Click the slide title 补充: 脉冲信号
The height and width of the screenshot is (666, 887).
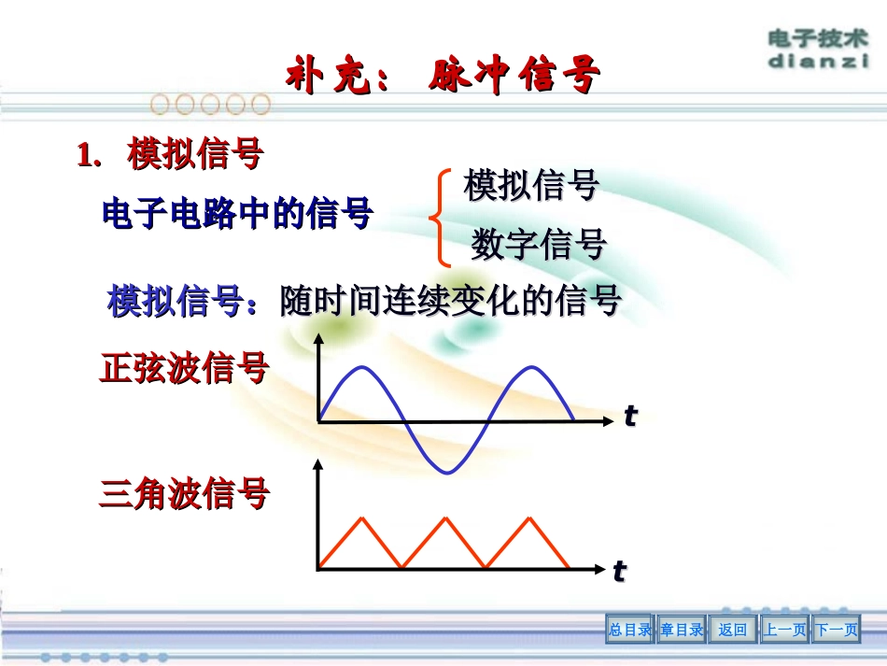tap(443, 76)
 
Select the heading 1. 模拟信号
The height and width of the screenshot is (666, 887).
tap(170, 155)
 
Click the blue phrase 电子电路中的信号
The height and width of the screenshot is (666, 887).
tap(237, 215)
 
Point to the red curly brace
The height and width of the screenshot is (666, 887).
tap(435, 218)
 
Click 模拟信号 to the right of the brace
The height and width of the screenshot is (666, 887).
tap(531, 185)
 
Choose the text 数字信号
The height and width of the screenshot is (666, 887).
tap(539, 245)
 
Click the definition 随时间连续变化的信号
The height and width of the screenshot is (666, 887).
tap(451, 302)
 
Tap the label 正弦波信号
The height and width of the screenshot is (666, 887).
tap(184, 369)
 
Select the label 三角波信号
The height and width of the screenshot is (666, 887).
tap(184, 493)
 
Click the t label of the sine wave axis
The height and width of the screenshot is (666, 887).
tap(630, 418)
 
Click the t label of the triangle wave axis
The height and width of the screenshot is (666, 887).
tap(619, 571)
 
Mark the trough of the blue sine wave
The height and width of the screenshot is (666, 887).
tap(447, 472)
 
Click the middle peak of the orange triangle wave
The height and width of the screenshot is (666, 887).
tap(443, 517)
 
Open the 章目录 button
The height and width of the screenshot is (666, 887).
tap(682, 631)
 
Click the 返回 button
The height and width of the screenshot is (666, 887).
tap(733, 631)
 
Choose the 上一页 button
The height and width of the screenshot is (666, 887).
tap(784, 631)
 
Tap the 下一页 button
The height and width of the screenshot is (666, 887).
tap(836, 631)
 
